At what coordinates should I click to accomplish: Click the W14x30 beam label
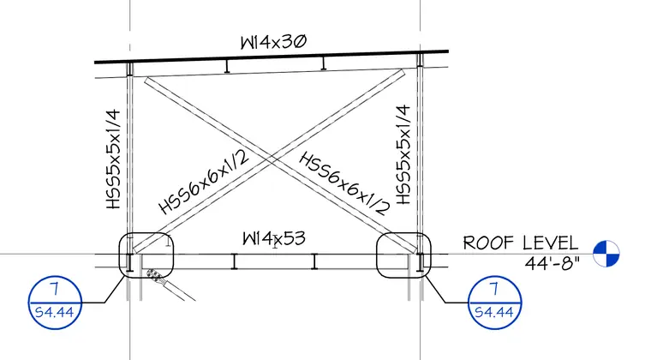coord(273,42)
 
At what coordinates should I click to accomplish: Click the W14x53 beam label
coord(274,239)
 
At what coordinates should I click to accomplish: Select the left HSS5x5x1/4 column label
coord(113,159)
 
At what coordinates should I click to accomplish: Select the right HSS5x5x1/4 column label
coord(403,154)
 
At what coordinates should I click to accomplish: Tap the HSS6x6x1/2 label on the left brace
coord(204,182)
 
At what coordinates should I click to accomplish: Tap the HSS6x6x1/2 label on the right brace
coord(344,183)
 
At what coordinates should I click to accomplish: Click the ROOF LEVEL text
coord(521,243)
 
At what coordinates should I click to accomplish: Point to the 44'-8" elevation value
coord(552,263)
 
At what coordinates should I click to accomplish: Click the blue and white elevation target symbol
coord(606,254)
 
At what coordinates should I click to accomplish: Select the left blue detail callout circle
coord(55,276)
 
